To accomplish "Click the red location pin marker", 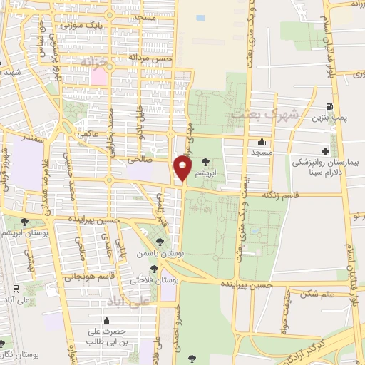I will (182, 168).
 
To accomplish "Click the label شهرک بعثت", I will (253, 113).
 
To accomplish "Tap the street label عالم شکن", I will (318, 294).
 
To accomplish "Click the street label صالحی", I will (140, 161).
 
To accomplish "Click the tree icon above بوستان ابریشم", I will (26, 222).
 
